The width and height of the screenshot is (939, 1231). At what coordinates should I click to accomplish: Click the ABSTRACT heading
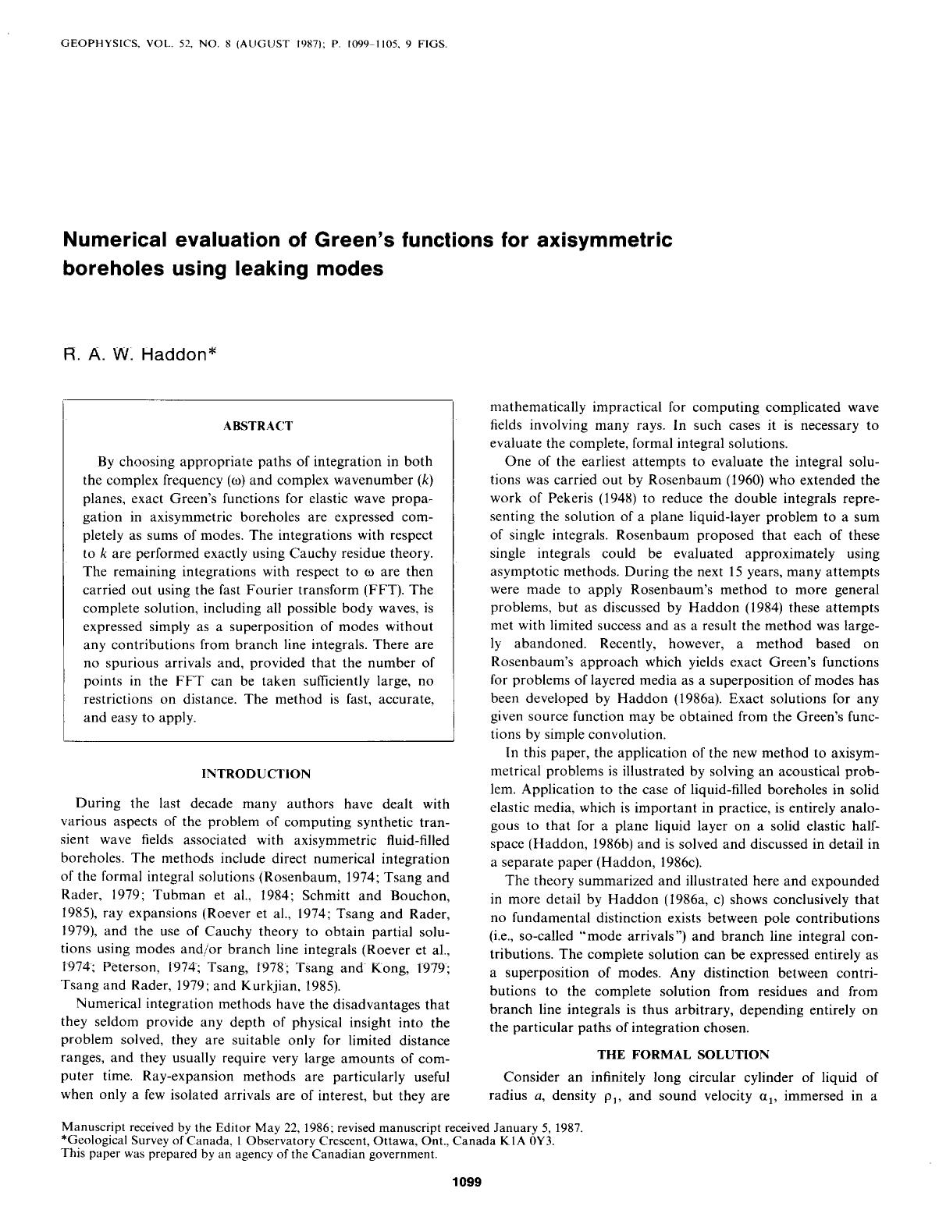pyautogui.click(x=258, y=426)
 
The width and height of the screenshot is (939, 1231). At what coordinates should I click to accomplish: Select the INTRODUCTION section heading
pyautogui.click(x=256, y=774)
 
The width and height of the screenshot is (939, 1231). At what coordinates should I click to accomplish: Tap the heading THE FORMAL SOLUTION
pyautogui.click(x=683, y=1055)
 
